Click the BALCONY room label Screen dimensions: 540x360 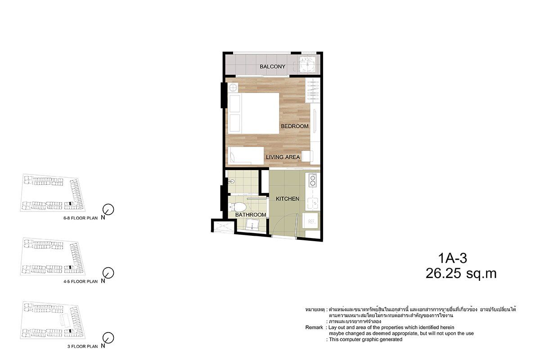272,67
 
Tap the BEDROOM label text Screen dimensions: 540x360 295,126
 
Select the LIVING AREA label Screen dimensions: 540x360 283,157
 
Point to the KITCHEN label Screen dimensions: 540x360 288,199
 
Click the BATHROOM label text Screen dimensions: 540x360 251,215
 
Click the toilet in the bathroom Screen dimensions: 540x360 238,207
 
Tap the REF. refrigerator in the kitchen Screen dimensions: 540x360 311,221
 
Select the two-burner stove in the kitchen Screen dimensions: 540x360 313,180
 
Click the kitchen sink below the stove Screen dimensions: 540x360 313,203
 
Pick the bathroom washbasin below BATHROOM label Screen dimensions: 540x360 252,225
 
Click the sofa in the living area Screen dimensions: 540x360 246,156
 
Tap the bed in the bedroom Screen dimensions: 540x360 254,113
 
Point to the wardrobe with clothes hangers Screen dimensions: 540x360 313,90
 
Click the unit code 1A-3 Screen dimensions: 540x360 453,258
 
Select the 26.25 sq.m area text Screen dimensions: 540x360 461,274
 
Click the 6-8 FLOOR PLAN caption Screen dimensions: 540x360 81,218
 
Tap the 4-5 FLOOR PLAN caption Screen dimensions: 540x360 81,281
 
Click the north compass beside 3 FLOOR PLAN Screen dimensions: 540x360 108,337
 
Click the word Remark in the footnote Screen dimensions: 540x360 314,328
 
